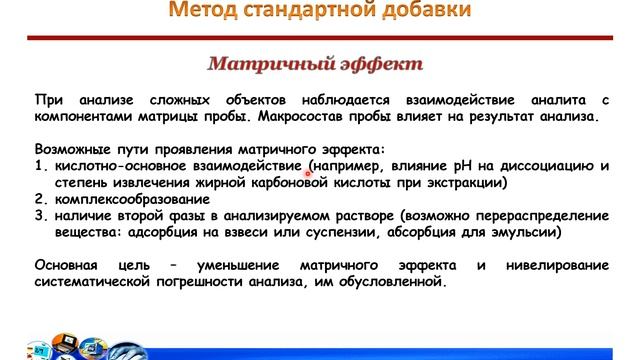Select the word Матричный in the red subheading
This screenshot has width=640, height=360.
pos(269,64)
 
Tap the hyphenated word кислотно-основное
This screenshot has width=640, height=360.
pos(122,165)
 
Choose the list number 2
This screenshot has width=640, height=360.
pos(39,198)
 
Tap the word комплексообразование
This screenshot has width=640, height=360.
pos(131,198)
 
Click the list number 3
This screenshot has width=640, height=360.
pos(39,215)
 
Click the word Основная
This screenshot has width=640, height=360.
pos(67,266)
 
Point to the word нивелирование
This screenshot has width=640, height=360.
pos(555,266)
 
